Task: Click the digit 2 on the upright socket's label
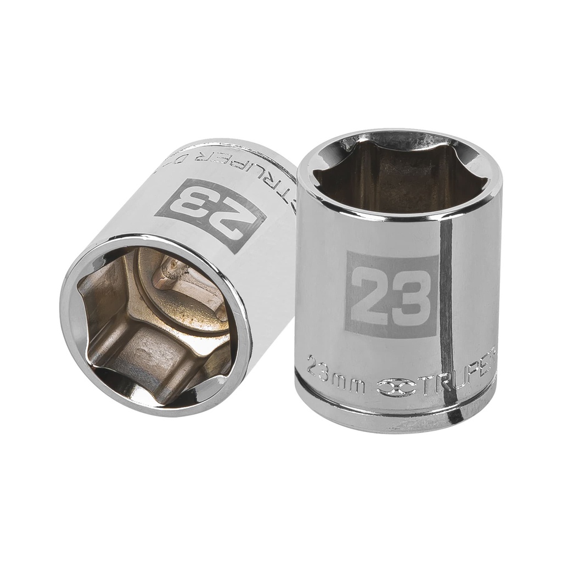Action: coord(372,295)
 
